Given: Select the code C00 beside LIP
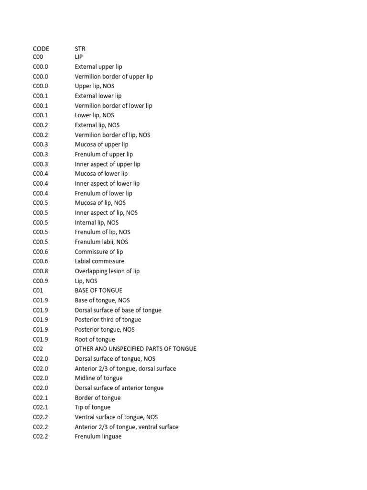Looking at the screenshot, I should click(x=38, y=57).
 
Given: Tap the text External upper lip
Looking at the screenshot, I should click(x=98, y=67).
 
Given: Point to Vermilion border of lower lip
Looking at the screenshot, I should click(x=113, y=106).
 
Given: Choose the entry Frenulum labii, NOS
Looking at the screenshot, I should click(x=101, y=242).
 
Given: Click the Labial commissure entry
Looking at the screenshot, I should click(x=99, y=261).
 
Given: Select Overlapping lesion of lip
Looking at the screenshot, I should click(x=107, y=271).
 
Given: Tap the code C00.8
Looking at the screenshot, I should click(x=41, y=271).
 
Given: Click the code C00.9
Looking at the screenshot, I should click(x=41, y=281).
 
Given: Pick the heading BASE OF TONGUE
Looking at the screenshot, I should click(x=98, y=290).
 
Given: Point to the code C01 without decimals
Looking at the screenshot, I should click(x=38, y=290).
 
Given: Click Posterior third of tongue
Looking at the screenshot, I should click(x=108, y=320).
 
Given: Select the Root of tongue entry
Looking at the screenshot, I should click(x=95, y=339).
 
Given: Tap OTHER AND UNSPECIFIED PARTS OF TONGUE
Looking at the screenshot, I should click(x=135, y=349).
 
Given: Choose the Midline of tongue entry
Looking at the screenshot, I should click(x=98, y=378).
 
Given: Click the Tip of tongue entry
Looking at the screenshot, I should click(x=92, y=407).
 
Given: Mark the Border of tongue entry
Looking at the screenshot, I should click(x=97, y=398).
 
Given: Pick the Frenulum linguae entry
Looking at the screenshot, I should click(x=98, y=436).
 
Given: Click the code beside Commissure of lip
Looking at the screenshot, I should click(x=41, y=252).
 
